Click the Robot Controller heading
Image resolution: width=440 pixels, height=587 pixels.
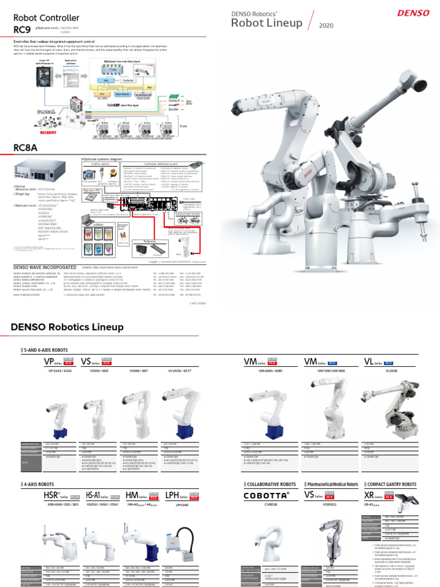pos(46,18)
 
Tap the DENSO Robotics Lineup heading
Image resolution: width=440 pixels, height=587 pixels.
pos(67,327)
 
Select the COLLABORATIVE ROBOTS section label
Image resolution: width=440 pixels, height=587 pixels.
pos(270,484)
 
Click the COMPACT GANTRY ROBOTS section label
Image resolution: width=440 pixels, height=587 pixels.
pos(391,484)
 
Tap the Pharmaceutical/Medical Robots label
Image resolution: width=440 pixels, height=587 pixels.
pos(333,484)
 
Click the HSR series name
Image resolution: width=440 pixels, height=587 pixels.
pos(52,496)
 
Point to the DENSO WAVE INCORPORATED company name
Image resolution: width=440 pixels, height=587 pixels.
pos(45,267)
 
